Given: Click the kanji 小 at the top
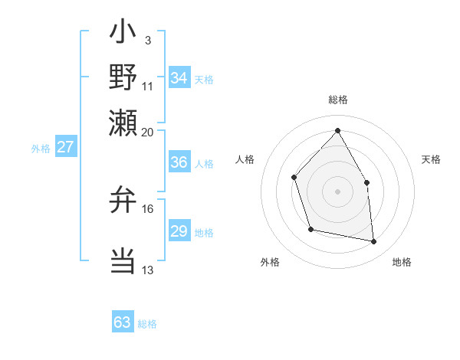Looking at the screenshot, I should (x=123, y=35).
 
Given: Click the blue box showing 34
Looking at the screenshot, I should (x=179, y=78).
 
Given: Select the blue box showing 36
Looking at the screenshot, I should (x=179, y=162).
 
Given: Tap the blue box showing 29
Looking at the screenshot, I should (x=179, y=231).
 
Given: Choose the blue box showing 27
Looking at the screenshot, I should (x=65, y=147).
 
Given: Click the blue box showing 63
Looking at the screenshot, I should (x=123, y=322).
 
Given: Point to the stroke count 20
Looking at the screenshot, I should (x=147, y=132).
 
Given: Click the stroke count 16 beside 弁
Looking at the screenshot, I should (x=148, y=208).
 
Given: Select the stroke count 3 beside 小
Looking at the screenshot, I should (x=147, y=40).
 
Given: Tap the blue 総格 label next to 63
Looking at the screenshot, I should (x=147, y=324).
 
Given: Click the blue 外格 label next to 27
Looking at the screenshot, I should (x=40, y=149).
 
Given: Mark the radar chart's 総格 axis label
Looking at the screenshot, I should (x=337, y=100).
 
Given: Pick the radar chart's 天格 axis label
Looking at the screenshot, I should (x=431, y=159).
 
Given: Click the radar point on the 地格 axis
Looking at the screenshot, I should (x=374, y=242).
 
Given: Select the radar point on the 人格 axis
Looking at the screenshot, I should (x=294, y=178).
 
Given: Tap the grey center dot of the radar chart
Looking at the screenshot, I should (x=337, y=191).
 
